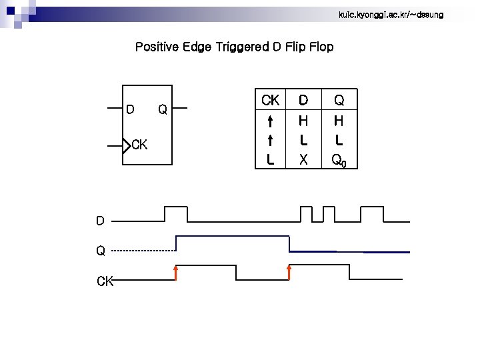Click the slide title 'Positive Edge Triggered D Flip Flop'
coord(234,47)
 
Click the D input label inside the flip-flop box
coord(131,108)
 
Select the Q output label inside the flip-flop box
coord(162,108)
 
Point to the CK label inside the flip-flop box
coord(140,145)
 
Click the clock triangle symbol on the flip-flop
coord(127,145)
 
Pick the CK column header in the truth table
coord(271,101)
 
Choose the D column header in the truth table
coord(303,101)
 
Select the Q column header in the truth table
coord(339,101)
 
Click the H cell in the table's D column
coord(303,121)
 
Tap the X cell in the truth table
coord(303,159)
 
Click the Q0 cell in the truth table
coord(339,160)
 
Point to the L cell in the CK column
coord(271,159)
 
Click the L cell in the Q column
coord(339,140)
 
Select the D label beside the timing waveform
coord(100,221)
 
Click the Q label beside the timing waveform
coord(101,251)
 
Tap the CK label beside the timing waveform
coord(105,281)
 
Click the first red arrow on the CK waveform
coord(175,273)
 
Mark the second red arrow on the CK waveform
coord(289,272)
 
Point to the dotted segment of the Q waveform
coord(143,251)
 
